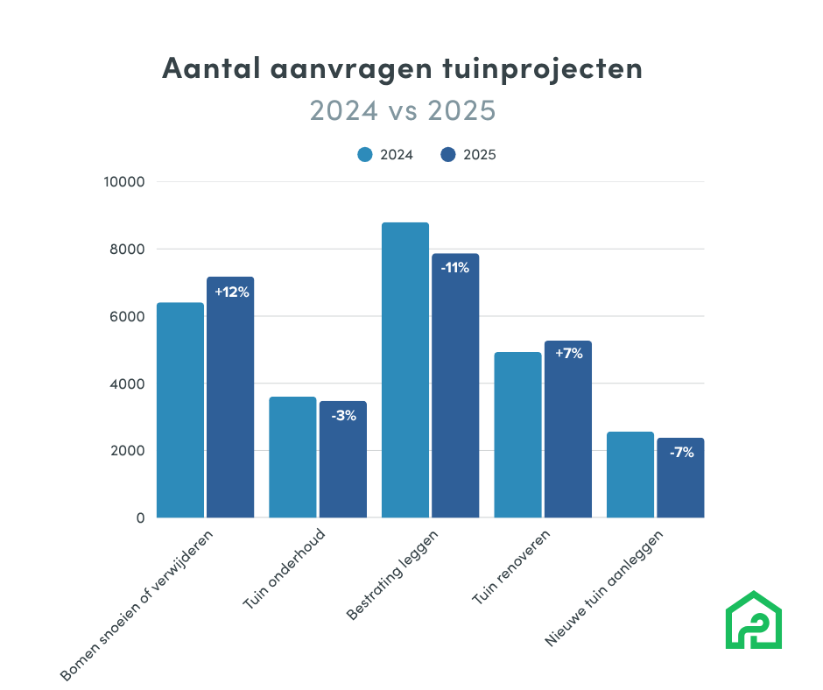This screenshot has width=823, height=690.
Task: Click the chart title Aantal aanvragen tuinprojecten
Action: [x=402, y=69]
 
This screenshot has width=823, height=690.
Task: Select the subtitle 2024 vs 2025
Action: [x=402, y=111]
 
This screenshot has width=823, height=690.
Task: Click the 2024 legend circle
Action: [x=365, y=154]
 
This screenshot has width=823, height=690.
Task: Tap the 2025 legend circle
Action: [x=448, y=154]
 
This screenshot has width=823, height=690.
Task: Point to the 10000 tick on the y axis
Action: [x=124, y=182]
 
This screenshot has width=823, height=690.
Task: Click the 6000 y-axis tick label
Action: [x=128, y=317]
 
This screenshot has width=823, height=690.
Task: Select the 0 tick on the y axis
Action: [x=139, y=518]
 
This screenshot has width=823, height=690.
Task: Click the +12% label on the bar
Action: [x=231, y=292]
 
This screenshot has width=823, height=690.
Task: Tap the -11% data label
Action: [x=455, y=268]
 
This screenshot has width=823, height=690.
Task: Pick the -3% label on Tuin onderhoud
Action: [x=343, y=416]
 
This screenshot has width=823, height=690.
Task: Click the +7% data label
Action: [x=568, y=355]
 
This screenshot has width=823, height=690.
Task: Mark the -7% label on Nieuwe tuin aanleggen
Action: [x=680, y=453]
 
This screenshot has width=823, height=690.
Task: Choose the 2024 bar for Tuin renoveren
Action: [x=517, y=434]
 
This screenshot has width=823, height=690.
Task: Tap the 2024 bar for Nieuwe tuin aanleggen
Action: [x=630, y=475]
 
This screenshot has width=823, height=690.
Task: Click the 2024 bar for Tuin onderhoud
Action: [x=292, y=457]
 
